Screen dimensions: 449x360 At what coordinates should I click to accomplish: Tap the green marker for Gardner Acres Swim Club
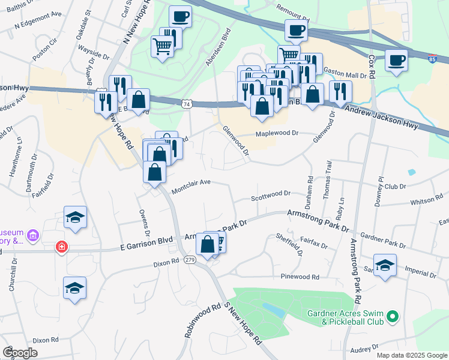pos(392,315)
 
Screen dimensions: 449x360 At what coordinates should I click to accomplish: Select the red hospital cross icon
pos(61,247)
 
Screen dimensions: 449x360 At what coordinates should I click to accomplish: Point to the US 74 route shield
pos(187,104)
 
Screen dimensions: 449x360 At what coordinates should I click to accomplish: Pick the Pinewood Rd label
pos(300,277)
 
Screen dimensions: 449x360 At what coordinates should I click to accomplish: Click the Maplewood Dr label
pos(277,134)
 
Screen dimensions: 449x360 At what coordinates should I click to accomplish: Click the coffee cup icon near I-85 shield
pos(397,61)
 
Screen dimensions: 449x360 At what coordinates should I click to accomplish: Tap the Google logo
pos(20,353)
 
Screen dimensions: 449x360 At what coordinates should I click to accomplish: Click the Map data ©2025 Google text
pos(412,355)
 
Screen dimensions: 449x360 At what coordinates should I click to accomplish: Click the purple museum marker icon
pos(32,237)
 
